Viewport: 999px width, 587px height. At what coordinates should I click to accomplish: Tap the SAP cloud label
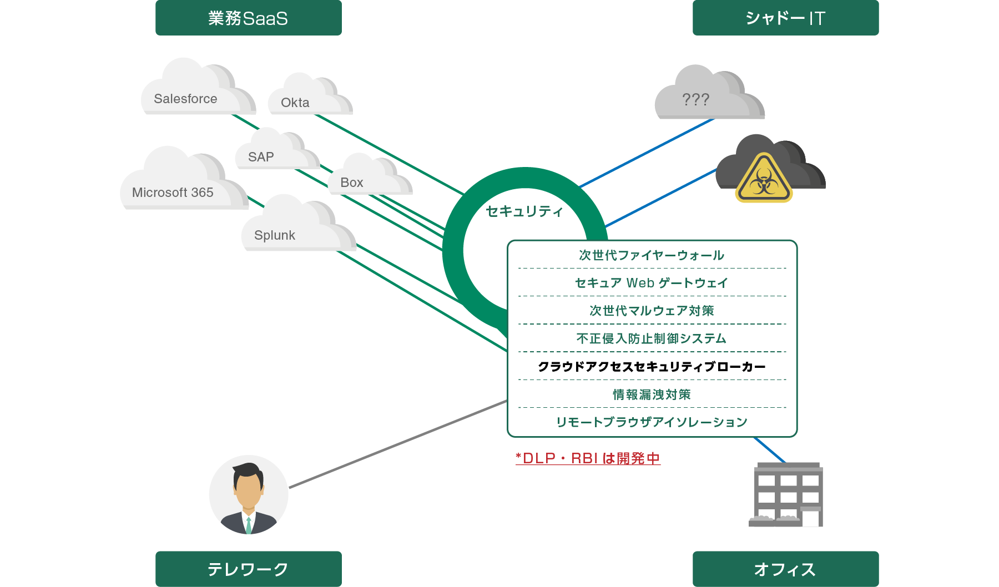click(261, 157)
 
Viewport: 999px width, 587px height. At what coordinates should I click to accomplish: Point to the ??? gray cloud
click(705, 97)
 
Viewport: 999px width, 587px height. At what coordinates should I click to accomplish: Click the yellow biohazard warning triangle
click(764, 179)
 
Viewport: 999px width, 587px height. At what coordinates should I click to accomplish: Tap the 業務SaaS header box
click(248, 18)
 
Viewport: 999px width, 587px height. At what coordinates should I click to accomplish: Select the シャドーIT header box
click(785, 18)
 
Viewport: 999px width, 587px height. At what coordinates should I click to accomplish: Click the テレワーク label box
click(248, 569)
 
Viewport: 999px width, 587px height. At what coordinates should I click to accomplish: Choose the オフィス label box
click(785, 569)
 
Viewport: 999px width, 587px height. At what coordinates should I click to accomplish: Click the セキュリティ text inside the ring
click(524, 211)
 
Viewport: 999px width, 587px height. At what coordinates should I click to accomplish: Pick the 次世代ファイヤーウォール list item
click(652, 255)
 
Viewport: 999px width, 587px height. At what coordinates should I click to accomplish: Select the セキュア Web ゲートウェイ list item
click(652, 283)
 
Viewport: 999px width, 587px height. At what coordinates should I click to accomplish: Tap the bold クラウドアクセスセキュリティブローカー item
click(652, 367)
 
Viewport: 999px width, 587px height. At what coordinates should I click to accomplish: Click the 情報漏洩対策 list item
click(652, 394)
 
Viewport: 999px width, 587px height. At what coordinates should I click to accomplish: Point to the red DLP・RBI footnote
click(588, 458)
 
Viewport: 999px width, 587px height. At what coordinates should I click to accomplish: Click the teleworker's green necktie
click(249, 524)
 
